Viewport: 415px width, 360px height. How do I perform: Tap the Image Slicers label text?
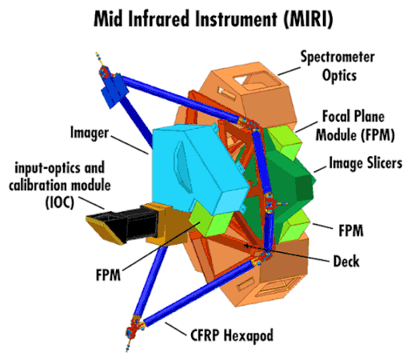pyautogui.click(x=364, y=163)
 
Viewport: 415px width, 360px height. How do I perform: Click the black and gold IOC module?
pyautogui.click(x=128, y=224)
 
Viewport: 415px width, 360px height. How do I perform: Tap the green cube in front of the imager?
pyautogui.click(x=209, y=218)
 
